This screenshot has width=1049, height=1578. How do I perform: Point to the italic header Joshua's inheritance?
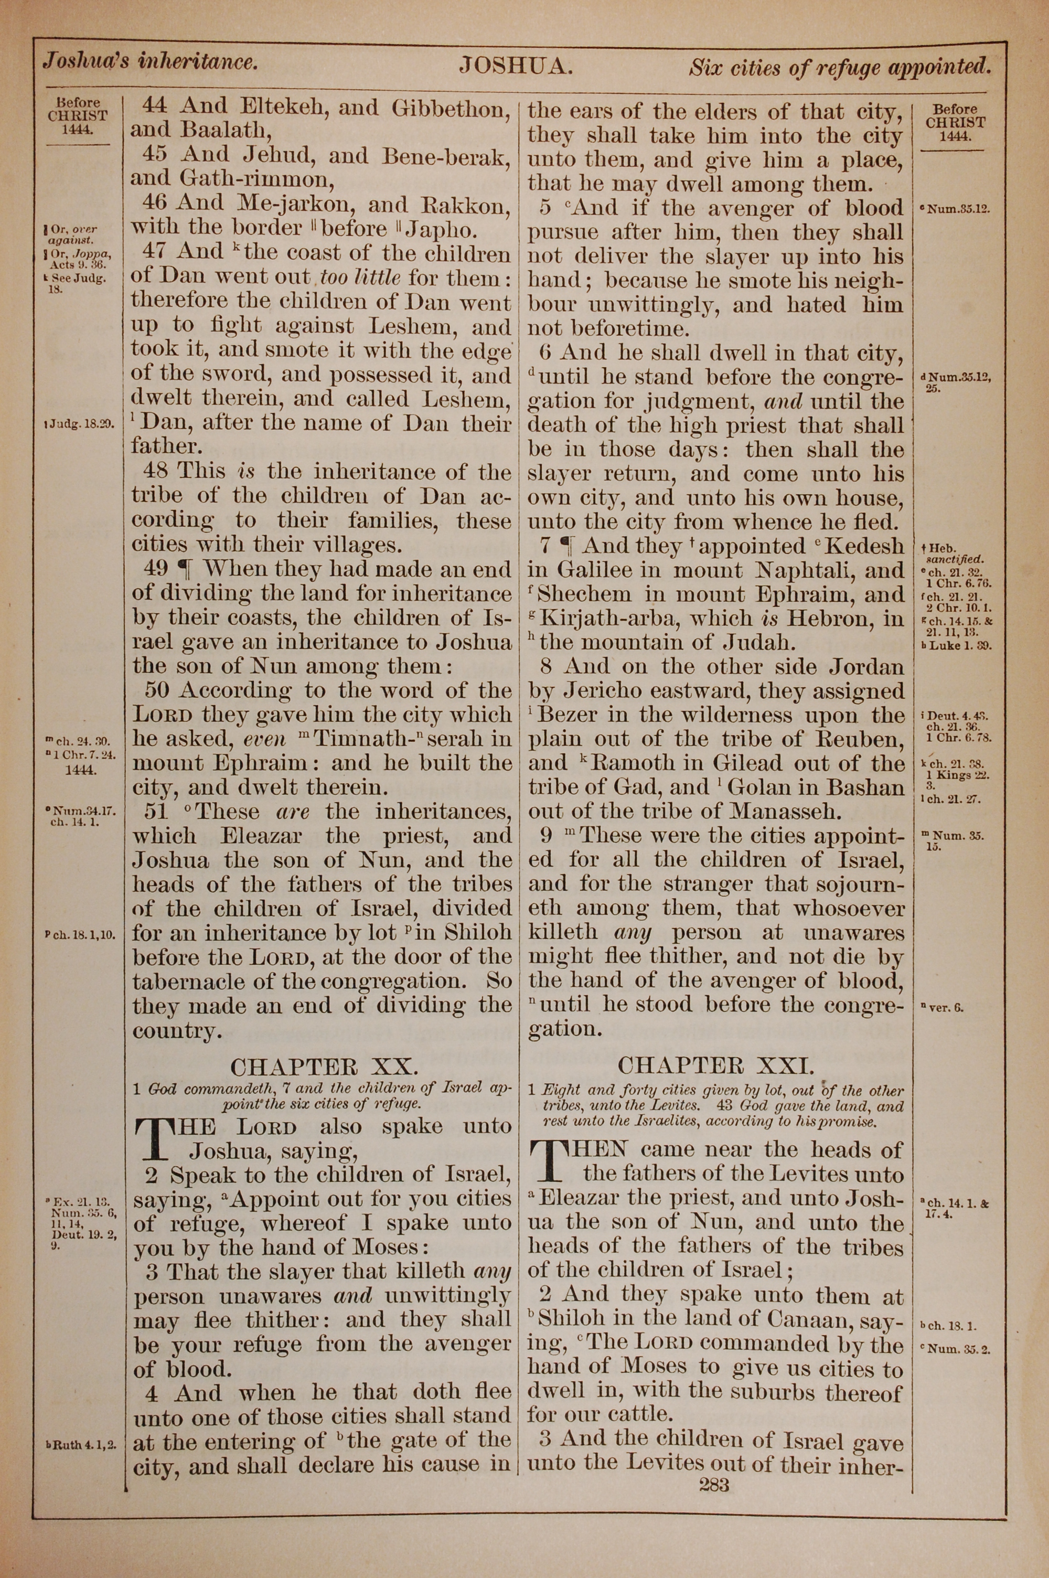150,63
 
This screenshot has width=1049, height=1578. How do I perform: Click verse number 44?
156,105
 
